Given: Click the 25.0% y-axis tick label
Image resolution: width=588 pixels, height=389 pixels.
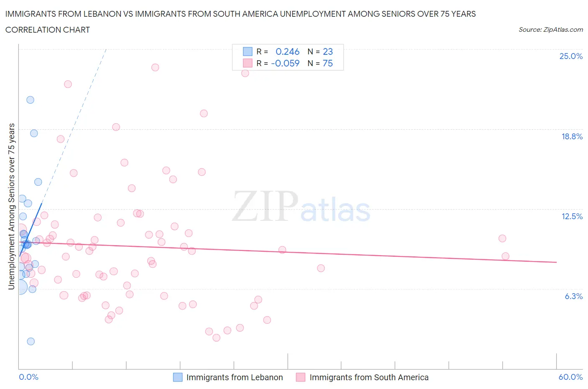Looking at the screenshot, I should coord(571,56).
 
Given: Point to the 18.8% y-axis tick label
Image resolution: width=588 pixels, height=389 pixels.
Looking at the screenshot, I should coord(572,136).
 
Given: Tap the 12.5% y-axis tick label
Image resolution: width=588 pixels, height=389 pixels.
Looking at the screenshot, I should coord(572,216).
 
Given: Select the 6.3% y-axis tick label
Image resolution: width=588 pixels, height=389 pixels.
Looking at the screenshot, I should coord(573,296).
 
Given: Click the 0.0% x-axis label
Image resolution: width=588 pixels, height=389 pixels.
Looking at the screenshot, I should coord(28,377).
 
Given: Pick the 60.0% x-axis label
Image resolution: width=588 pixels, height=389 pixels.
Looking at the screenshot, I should coord(570,377).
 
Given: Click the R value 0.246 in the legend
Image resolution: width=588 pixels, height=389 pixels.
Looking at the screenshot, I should coord(287,51).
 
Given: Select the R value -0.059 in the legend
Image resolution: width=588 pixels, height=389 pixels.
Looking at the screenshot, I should coord(285,63).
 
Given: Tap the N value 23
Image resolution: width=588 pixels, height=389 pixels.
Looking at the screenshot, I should coord(328,51).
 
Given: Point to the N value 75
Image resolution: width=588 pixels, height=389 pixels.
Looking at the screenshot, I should coord(328,63).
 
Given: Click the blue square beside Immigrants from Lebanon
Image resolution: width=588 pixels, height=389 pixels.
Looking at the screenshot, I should coord(178,377).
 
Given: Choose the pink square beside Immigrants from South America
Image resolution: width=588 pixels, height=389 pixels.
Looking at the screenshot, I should coord(300,377).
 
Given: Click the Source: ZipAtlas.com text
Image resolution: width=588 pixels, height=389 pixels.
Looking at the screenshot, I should coord(550,29).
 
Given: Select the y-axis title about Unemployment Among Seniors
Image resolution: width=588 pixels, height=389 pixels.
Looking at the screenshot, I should coord(11,207).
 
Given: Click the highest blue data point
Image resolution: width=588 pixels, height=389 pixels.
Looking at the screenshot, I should coord(30,100).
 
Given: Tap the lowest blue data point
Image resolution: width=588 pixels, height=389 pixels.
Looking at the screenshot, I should coord(31,341).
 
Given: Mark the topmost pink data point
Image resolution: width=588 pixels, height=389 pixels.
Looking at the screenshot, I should coord(155,67).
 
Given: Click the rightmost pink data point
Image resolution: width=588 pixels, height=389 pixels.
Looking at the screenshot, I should coord(505,256).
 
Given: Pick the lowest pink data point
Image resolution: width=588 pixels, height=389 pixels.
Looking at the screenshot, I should coord(216,338).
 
